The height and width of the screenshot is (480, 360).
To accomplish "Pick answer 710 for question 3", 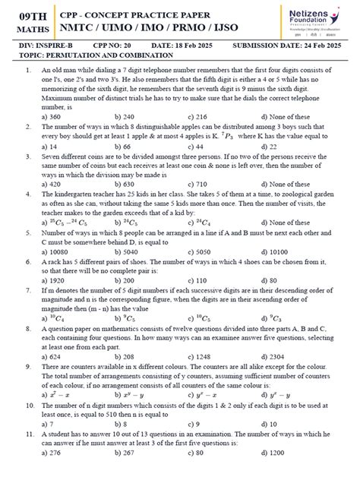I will tap(202, 184).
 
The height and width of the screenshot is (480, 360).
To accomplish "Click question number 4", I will tap(27, 194).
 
